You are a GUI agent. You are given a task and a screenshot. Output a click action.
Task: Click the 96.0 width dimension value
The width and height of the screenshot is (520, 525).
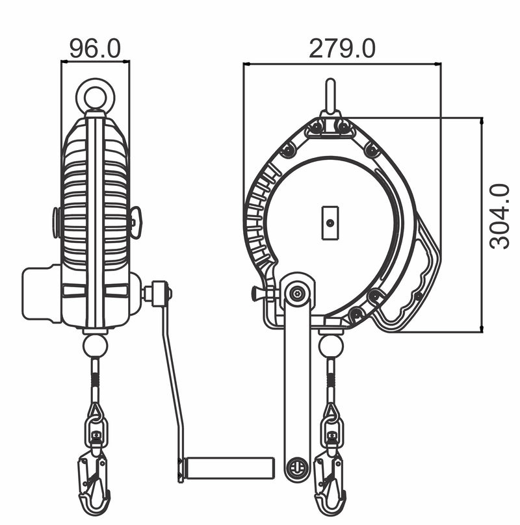95,49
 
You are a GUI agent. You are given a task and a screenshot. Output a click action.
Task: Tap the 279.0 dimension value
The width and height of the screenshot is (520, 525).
342,49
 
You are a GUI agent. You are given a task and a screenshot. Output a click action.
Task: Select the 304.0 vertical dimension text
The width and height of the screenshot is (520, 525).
499,216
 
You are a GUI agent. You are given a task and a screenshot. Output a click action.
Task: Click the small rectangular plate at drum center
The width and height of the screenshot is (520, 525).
330,223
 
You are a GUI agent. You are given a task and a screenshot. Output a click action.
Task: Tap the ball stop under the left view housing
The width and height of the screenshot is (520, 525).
96,346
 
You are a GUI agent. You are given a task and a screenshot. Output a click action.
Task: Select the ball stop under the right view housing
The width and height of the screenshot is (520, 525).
331,346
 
